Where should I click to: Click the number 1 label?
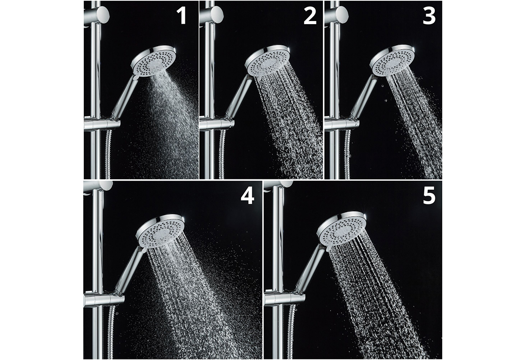click(182, 15)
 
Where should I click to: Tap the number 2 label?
click(310, 15)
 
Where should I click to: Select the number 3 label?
click(429, 15)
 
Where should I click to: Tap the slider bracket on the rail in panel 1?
click(102, 124)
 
